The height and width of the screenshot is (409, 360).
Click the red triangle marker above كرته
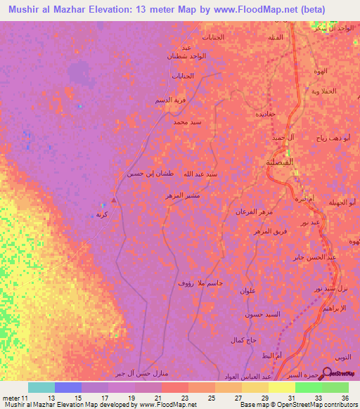[114, 201]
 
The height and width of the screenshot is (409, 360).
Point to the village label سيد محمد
[188, 122]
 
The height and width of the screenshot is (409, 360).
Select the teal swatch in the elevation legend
[41, 387]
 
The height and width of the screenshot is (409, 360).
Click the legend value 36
[344, 398]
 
